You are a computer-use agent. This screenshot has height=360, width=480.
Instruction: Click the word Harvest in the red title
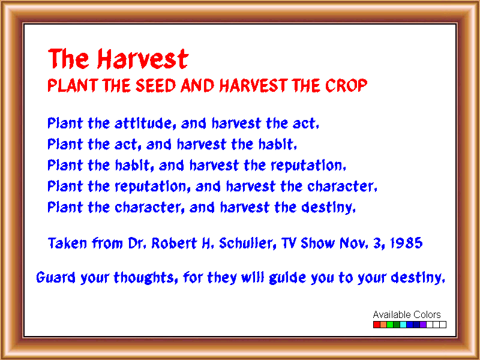tap(143, 58)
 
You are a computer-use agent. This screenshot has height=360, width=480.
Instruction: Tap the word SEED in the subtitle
tap(156, 85)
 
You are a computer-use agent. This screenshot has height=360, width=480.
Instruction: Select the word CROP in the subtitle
tap(346, 85)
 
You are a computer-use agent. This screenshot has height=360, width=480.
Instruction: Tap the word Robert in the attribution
tap(174, 243)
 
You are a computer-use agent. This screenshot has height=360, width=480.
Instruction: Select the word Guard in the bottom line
tap(56, 277)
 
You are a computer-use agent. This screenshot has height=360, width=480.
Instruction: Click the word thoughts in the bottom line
tap(146, 278)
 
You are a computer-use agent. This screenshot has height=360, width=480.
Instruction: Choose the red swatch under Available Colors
tap(377, 325)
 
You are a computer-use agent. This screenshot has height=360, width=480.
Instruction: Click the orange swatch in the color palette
tap(383, 325)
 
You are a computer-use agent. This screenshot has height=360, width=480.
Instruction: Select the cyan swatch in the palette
tap(403, 325)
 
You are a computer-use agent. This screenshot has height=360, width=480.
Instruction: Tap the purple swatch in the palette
tap(423, 325)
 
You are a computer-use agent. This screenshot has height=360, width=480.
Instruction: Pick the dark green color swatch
tap(397, 325)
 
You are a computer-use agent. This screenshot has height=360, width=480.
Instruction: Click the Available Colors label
tap(407, 314)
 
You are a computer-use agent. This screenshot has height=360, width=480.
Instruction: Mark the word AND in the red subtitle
tap(197, 85)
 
